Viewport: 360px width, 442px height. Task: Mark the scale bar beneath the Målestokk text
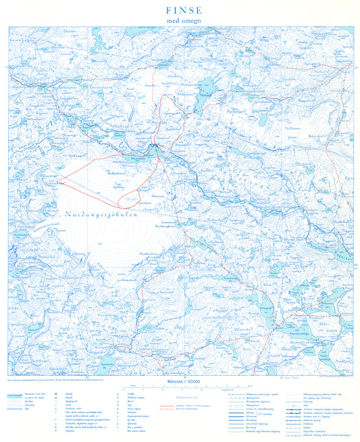point(180,388)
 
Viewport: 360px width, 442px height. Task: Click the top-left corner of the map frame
point(8,26)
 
